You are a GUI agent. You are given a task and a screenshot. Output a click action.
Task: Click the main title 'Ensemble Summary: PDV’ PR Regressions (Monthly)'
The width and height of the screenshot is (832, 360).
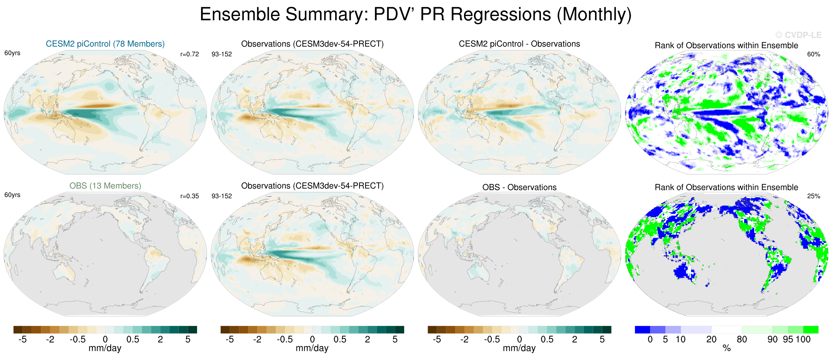coord(416,15)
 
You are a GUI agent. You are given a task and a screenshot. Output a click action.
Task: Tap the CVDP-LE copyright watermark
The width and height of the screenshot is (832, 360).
coord(798,35)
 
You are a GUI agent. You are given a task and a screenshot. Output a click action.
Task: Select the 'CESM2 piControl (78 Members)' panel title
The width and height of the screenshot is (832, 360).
coord(105,44)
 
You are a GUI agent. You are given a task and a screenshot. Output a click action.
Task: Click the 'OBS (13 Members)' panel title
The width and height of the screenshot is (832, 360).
coord(105,186)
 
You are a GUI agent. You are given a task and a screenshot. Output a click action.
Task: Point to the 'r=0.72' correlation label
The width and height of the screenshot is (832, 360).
coord(190,54)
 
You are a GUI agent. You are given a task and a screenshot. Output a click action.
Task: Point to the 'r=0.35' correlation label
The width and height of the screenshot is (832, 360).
coord(190,196)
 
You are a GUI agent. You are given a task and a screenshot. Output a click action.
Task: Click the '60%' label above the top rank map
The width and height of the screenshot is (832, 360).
coord(814,54)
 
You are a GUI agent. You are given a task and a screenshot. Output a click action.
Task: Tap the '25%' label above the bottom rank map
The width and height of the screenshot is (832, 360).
coord(814,196)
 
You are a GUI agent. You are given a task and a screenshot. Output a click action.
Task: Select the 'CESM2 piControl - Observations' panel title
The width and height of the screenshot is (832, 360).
coord(519,44)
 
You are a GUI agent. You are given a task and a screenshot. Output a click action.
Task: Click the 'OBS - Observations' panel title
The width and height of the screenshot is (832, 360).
coord(519,187)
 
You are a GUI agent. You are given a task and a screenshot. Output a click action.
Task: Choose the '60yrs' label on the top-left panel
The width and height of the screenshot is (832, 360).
coord(12,53)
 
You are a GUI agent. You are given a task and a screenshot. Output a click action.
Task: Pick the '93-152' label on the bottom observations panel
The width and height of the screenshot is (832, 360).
coord(222,196)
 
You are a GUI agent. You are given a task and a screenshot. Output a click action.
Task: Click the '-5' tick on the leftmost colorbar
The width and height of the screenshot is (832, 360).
coord(22,340)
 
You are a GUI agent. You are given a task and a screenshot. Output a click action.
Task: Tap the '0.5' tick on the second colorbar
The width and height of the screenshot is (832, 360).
coord(340,340)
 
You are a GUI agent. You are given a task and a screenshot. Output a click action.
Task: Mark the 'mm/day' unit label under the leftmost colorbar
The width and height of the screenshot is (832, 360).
coord(105,348)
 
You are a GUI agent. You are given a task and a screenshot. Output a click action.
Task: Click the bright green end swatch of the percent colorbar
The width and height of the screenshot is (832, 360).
coord(811,330)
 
